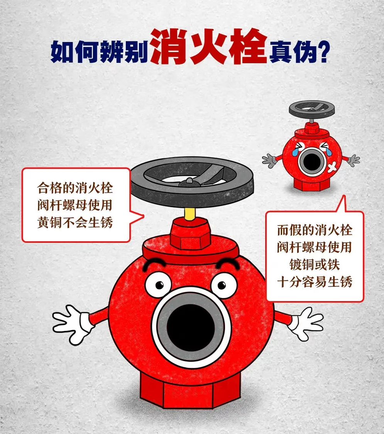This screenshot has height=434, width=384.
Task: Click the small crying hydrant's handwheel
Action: pyautogui.click(x=311, y=108)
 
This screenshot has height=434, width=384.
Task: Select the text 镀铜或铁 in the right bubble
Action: pyautogui.click(x=315, y=264)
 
